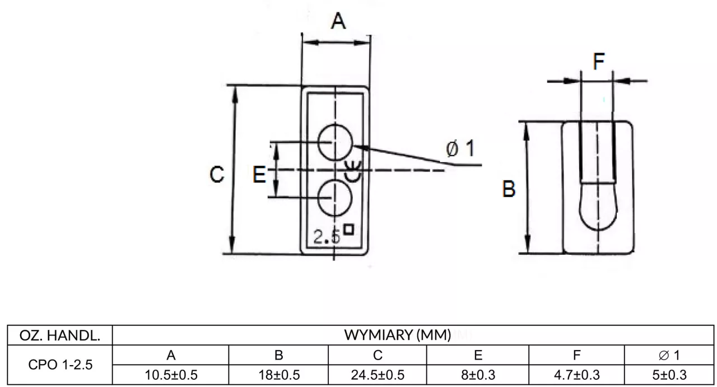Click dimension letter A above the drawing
(338, 21)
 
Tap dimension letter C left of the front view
(217, 174)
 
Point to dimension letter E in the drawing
(259, 174)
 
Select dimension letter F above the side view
(599, 61)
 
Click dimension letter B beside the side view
(509, 189)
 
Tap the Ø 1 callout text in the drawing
(460, 148)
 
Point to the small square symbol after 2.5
(348, 230)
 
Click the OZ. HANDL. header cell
(60, 335)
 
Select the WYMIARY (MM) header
(398, 335)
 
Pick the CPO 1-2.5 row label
(60, 365)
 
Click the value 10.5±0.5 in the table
(171, 375)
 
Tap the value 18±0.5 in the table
(279, 375)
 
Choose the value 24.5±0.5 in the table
(378, 375)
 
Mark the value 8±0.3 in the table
(478, 375)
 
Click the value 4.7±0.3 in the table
(577, 375)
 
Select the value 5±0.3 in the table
(669, 375)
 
